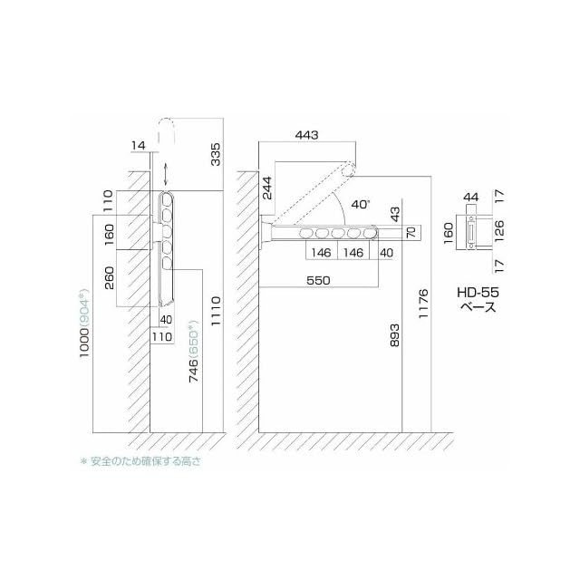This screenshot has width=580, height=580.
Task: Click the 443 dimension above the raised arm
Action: pyautogui.click(x=306, y=135)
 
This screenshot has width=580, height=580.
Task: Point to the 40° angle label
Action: pyautogui.click(x=361, y=204)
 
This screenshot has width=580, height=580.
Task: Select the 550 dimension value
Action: pyautogui.click(x=318, y=280)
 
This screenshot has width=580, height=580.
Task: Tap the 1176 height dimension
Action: pyautogui.click(x=423, y=304)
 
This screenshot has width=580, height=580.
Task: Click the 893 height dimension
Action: pyautogui.click(x=395, y=335)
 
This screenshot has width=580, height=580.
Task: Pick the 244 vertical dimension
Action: pyautogui.click(x=266, y=188)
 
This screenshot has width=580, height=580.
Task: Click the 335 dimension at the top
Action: pyautogui.click(x=215, y=154)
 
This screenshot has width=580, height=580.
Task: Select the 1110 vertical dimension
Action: pyautogui.click(x=215, y=311)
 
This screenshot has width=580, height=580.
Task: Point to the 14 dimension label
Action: pyautogui.click(x=139, y=145)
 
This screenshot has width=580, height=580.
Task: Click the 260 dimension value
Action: pyautogui.click(x=110, y=278)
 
